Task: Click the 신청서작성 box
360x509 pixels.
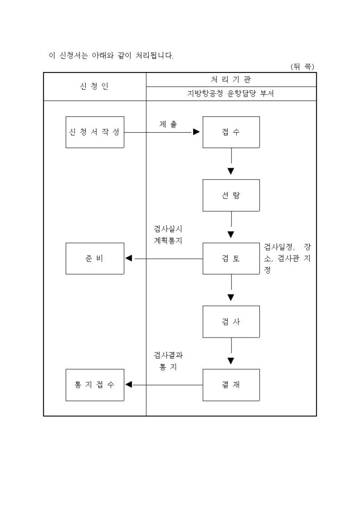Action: pos(95,132)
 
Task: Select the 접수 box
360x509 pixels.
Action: pos(231,132)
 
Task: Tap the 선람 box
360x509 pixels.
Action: pos(231,195)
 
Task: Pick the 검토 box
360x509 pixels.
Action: pos(231,258)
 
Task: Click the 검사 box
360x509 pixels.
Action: pos(231,322)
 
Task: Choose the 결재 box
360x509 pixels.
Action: pos(231,385)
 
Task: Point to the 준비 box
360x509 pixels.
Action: pos(95,258)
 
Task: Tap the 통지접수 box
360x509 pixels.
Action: pos(95,385)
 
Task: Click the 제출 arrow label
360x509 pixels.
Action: pos(168,124)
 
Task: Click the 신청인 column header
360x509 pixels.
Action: pos(94,86)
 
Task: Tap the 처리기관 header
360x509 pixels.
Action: pos(231,79)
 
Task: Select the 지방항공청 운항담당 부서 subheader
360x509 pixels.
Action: pos(231,94)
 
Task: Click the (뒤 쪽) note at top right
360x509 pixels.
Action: pos(302,66)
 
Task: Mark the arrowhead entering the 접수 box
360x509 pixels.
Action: pos(196,132)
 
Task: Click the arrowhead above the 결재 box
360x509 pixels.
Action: pos(231,362)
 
